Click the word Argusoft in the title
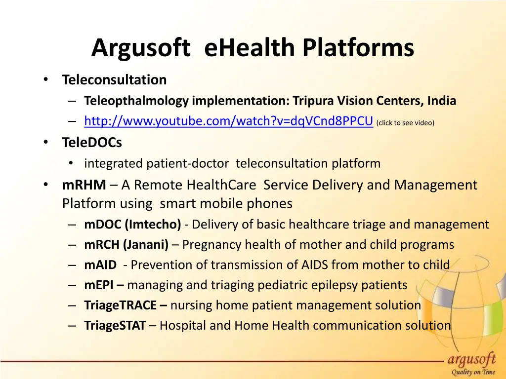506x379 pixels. [141, 48]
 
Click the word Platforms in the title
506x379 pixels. [358, 48]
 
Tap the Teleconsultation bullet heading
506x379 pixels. [114, 79]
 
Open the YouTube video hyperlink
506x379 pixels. [228, 121]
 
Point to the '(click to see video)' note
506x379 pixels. [405, 122]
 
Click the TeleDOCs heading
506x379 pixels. [92, 143]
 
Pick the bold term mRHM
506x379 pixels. [84, 185]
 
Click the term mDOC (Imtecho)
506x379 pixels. [132, 225]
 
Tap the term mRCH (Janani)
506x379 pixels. [126, 245]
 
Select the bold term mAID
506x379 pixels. [100, 265]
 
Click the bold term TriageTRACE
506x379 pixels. [121, 305]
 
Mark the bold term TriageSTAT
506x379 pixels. [115, 326]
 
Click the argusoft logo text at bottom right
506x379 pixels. [473, 359]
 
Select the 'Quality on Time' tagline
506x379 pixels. [473, 373]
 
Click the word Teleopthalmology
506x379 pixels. [136, 101]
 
